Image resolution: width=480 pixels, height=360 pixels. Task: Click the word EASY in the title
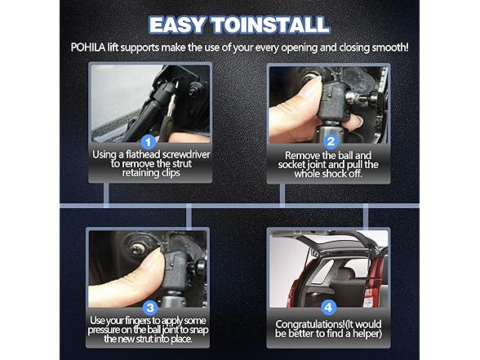click(x=177, y=25)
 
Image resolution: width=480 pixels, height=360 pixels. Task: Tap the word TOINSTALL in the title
click(x=271, y=25)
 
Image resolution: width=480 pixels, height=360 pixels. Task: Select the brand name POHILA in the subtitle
click(x=88, y=47)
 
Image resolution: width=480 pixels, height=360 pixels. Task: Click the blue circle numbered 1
click(x=149, y=142)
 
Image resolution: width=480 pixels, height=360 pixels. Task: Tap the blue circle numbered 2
click(x=331, y=142)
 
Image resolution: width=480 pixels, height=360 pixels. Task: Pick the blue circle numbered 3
click(x=150, y=308)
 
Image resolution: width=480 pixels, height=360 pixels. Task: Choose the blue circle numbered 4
click(x=328, y=307)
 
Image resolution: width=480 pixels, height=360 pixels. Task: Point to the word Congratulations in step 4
click(x=310, y=324)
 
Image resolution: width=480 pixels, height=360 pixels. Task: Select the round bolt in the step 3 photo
click(x=137, y=249)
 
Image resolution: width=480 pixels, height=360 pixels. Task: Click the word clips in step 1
click(x=171, y=173)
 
